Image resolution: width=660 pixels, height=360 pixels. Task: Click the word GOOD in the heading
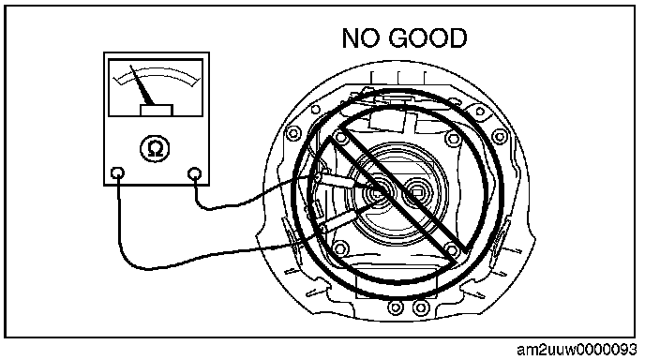click(427, 37)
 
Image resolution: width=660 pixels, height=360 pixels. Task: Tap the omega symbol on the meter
click(155, 149)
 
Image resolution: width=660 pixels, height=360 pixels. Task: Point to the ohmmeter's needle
click(142, 85)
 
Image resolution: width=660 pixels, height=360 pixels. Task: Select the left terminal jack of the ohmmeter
click(117, 173)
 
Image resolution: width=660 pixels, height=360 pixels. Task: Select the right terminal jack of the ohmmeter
click(194, 173)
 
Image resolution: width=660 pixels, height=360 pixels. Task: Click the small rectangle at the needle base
click(157, 111)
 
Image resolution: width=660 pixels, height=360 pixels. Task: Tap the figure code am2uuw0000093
click(577, 350)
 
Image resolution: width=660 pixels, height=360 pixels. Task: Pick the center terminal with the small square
click(416, 192)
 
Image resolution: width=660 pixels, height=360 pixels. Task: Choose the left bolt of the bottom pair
click(396, 307)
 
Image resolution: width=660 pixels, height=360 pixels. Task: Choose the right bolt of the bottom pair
click(421, 307)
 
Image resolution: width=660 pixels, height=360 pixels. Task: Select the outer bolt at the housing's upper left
click(293, 134)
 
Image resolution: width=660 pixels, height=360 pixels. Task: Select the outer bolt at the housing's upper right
click(499, 137)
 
